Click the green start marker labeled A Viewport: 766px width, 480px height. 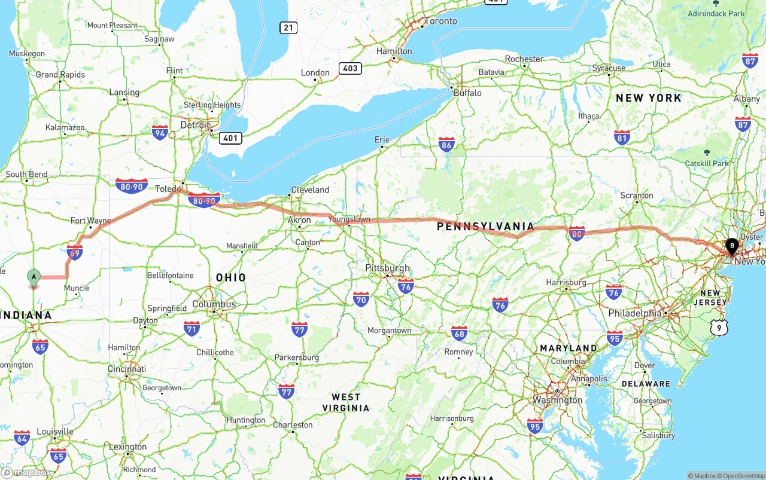pos(34,277)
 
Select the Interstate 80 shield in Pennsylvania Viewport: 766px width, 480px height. pos(576,233)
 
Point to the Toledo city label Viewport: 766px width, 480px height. pos(167,189)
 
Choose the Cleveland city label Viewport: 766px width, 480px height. pos(310,190)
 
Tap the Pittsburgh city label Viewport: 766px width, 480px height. pos(388,268)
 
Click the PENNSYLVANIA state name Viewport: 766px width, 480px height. pos(485,227)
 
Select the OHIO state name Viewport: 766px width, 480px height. pos(231,278)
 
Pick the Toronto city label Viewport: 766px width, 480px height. pos(440,22)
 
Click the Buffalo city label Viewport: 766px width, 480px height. pos(467,93)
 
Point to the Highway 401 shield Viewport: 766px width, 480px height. pos(230,138)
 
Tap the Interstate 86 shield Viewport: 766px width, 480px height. pos(446,144)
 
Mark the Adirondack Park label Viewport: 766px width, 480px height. pos(716,14)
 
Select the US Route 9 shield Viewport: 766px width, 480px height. pos(719,326)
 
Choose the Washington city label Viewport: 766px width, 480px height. pos(557,400)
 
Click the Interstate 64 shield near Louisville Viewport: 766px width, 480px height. pos(22,438)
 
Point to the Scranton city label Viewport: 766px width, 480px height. pos(637,195)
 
